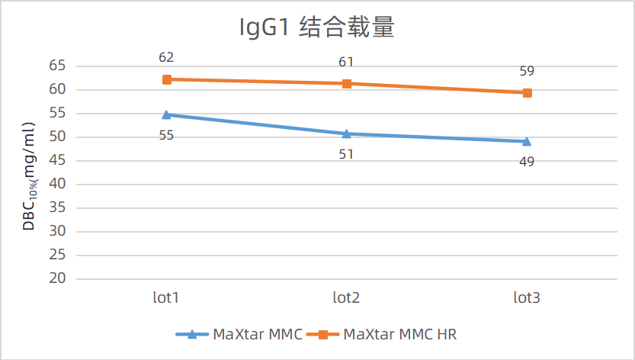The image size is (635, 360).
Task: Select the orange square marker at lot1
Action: (166, 79)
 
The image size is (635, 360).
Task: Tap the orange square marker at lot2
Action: (346, 83)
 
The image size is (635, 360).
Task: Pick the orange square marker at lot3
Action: (527, 93)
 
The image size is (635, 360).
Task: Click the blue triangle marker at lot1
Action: (166, 114)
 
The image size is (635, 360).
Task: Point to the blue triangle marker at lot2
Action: (346, 133)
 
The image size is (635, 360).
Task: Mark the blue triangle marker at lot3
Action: (527, 141)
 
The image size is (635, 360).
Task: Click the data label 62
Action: (166, 57)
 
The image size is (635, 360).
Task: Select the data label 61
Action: (346, 62)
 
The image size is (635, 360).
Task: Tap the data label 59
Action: (527, 72)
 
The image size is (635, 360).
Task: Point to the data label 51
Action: (346, 154)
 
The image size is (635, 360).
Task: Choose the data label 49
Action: (527, 162)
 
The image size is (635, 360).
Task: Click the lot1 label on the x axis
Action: (166, 297)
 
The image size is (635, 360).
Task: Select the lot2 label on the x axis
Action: (346, 297)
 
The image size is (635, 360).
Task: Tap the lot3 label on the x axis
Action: (527, 297)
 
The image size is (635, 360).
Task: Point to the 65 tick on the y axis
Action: (58, 66)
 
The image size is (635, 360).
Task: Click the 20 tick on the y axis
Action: (58, 278)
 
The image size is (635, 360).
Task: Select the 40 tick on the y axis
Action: (58, 184)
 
